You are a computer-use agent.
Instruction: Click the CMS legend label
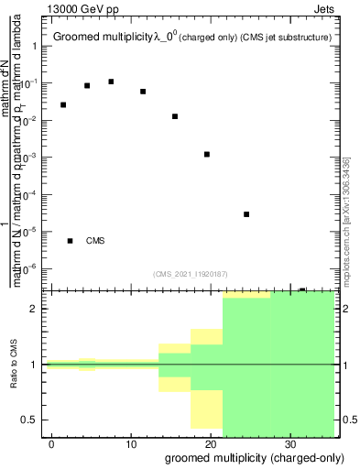coord(95,241)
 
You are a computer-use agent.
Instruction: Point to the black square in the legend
coord(71,241)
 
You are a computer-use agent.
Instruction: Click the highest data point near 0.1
coord(111,82)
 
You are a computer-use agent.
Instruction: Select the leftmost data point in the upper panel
coord(63,104)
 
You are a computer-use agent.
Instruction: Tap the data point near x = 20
coord(207,154)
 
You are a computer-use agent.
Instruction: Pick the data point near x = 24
coord(246,214)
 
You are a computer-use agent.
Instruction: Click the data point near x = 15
coord(175,116)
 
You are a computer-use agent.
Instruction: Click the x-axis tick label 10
coord(131,444)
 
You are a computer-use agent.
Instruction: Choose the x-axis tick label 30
coord(290,444)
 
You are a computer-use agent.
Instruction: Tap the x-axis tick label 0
coord(52,444)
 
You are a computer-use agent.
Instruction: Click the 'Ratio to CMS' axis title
coord(15,365)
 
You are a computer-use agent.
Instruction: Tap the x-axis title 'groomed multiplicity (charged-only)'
coord(241,457)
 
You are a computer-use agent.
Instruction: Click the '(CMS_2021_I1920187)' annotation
coord(190,273)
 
